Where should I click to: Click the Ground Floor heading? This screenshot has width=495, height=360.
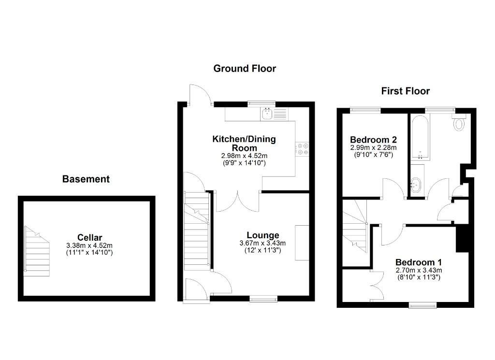pos(245,69)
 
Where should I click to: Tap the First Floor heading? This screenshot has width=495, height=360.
pos(406,91)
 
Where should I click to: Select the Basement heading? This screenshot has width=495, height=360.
pos(86,179)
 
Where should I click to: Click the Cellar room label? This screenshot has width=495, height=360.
pos(89,238)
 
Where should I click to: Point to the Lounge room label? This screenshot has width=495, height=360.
pos(263,235)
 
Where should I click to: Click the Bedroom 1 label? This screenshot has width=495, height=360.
pos(419,262)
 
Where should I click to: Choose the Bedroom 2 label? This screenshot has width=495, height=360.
pos(374,140)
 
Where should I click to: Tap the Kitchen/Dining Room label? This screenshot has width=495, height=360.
pos(244,144)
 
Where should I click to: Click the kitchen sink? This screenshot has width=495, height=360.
pos(267,114)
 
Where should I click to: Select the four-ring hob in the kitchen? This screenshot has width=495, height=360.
pos(303,149)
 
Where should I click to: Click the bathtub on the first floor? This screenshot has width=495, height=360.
pos(420,138)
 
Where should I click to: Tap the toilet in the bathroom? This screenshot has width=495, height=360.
pos(459,122)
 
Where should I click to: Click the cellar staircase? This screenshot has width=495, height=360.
pos(37,251)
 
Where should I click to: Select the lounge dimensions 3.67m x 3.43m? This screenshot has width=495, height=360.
pos(262,243)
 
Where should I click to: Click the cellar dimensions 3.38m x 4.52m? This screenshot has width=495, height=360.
pos(89,245)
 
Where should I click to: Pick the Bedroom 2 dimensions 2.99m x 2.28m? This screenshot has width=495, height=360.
pos(374,147)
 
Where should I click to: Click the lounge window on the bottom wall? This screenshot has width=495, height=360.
pos(263,299)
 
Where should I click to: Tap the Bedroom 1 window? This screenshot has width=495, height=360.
pos(423,305)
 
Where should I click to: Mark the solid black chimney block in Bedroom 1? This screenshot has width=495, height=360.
pos(462,239)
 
